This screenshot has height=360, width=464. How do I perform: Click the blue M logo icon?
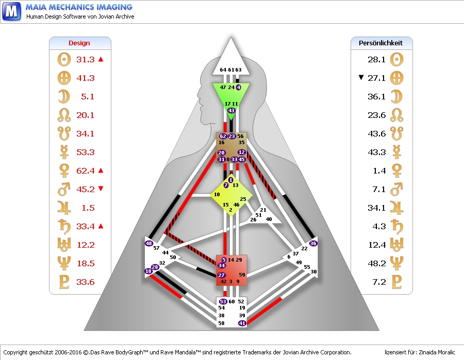pos(11,11)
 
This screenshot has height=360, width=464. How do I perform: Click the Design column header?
pos(79,43)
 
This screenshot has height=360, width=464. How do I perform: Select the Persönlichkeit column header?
pos(380,43)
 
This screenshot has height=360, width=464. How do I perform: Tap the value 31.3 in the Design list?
pos(85,59)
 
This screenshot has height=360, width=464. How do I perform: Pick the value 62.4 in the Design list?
pos(85,170)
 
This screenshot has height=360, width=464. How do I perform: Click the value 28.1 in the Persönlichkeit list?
pos(377,59)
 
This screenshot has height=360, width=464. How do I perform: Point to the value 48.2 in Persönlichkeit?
pos(377,263)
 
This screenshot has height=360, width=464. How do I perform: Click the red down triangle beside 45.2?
pos(101,189)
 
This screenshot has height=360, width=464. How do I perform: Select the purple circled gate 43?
pos(231,111)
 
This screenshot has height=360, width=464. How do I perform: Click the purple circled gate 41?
pos(242,323)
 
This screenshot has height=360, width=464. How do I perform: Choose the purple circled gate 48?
pos(149,243)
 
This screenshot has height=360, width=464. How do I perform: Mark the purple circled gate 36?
pos(313,243)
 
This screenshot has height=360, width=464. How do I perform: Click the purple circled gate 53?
pos(223,301)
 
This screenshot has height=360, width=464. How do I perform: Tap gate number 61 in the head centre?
pos(230,70)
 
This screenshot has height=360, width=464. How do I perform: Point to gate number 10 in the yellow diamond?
pos(217,195)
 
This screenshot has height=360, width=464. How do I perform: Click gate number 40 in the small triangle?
pos(269,219)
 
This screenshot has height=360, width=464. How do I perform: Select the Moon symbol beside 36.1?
pos(396,96)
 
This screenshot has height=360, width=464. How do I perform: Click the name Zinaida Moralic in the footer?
pos(434,352)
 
